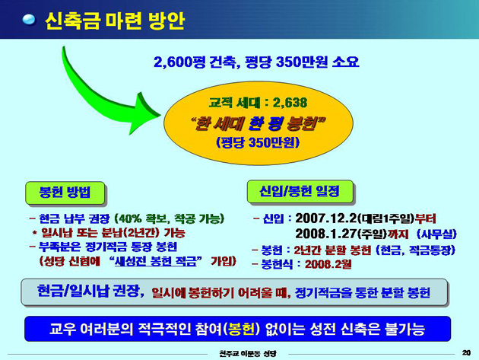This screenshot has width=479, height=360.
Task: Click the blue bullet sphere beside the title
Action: coord(29,20)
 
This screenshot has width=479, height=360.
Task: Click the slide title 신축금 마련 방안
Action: coord(115,21)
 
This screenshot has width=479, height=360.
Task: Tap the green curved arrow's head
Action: coord(144,113)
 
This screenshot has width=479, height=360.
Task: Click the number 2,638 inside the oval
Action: coord(290,103)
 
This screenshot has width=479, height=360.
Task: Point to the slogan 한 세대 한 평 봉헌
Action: coord(259,123)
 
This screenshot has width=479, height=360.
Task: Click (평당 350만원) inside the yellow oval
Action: coord(258,142)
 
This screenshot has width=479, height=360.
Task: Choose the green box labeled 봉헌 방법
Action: coord(65,193)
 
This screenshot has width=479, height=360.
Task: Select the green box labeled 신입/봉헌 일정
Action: coord(300,192)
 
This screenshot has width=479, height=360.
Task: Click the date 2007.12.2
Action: coord(326,218)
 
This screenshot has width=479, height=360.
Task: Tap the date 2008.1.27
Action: coord(326,234)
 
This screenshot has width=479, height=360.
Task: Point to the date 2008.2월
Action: coord(328,264)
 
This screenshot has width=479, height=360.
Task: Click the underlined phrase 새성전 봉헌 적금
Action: coord(156,261)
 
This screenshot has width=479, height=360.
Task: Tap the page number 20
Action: coord(466,352)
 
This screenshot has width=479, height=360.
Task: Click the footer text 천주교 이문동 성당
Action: coord(248,354)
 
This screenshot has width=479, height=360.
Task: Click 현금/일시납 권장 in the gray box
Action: coord(90,291)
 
